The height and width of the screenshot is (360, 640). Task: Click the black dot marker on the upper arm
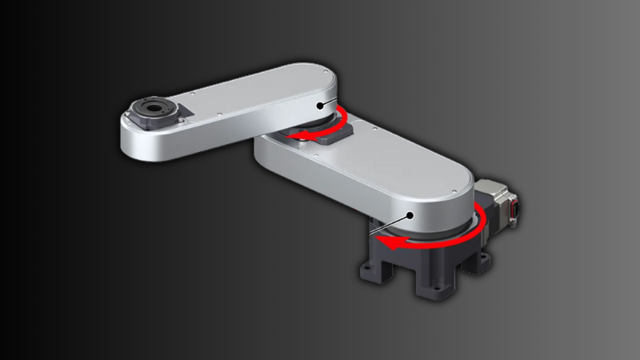(320, 104)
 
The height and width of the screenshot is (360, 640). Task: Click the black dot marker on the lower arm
(410, 214)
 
